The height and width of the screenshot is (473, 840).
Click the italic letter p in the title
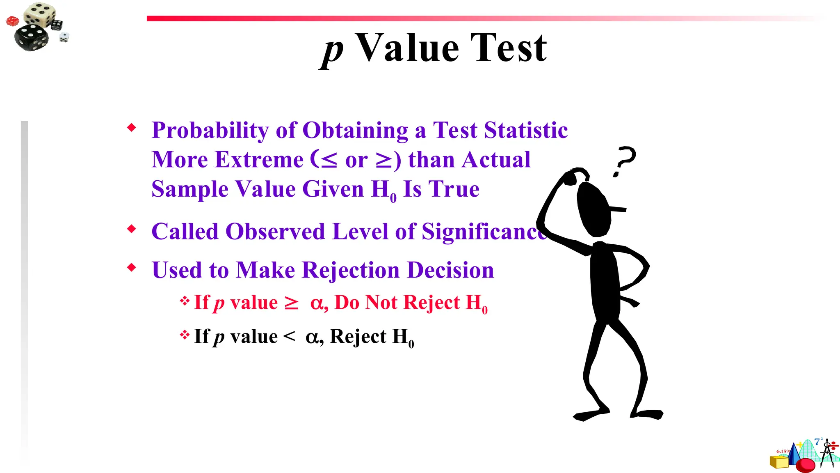tap(332, 51)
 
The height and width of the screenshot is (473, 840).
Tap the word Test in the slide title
tap(509, 48)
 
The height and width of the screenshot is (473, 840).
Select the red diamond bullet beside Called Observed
tap(131, 229)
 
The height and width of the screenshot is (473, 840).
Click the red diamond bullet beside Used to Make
tap(131, 268)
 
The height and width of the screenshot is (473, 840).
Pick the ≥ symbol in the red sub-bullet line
tap(292, 303)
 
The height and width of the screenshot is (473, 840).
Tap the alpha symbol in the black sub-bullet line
tap(312, 338)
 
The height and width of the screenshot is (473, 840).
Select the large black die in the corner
tap(31, 37)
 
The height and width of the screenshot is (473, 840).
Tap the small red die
tap(12, 21)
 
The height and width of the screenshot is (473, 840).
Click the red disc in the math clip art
tap(805, 465)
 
